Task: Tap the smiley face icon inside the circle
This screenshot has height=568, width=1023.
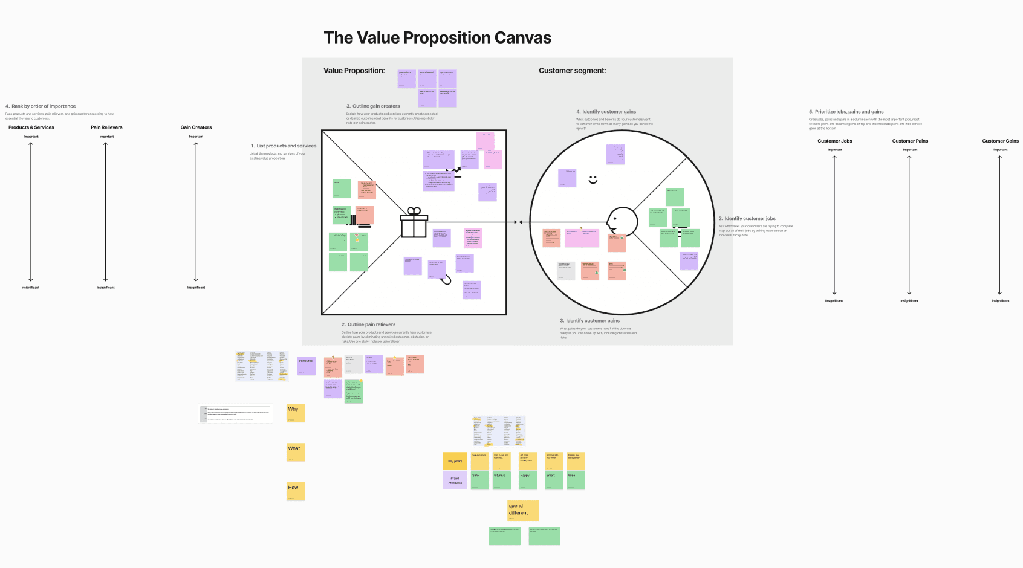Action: [593, 179]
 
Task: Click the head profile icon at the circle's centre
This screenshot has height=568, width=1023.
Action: [621, 221]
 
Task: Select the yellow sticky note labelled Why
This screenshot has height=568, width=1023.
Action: [295, 413]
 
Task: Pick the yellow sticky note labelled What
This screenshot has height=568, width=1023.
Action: [295, 452]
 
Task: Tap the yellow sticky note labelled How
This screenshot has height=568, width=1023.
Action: [295, 491]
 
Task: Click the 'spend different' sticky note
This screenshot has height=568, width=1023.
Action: [522, 510]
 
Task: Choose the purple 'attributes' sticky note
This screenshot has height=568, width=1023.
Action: [307, 365]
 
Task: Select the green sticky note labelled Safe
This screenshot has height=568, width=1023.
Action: [479, 480]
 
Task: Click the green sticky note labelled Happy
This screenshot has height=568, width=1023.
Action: [528, 480]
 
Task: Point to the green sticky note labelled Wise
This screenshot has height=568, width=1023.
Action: [576, 480]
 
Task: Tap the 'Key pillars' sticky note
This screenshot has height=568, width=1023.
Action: [455, 461]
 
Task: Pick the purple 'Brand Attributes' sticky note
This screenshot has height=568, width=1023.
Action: [455, 480]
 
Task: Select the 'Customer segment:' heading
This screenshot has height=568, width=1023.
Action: [572, 71]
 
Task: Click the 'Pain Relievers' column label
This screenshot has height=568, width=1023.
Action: [106, 127]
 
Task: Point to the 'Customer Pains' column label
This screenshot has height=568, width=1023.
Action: [910, 141]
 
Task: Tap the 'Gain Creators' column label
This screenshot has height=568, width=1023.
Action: [196, 127]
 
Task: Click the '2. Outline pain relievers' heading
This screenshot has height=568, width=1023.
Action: [368, 324]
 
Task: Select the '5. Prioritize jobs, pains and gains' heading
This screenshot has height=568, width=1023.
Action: [846, 112]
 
